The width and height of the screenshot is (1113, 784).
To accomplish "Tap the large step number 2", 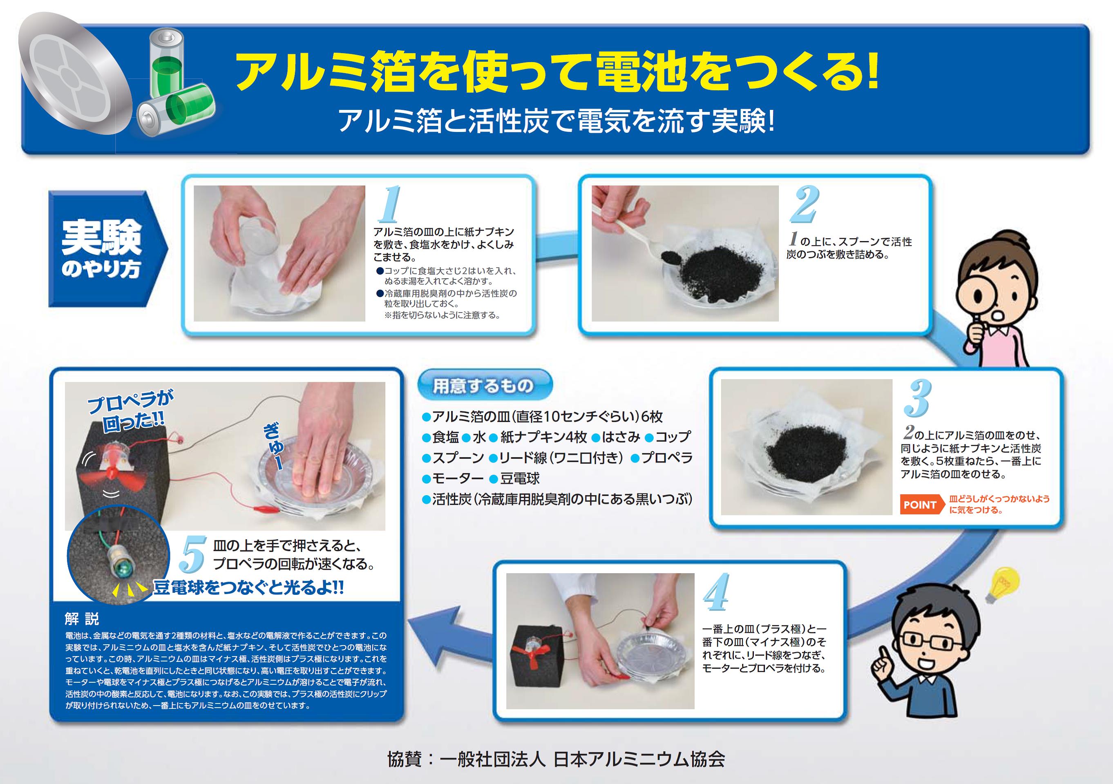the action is tap(804, 205).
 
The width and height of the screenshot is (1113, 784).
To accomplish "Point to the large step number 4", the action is tap(717, 592).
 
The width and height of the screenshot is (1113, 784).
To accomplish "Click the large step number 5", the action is tap(193, 555).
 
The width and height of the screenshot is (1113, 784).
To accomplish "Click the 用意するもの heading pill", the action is tap(484, 385).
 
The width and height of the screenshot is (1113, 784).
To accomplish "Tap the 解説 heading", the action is tap(82, 619).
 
